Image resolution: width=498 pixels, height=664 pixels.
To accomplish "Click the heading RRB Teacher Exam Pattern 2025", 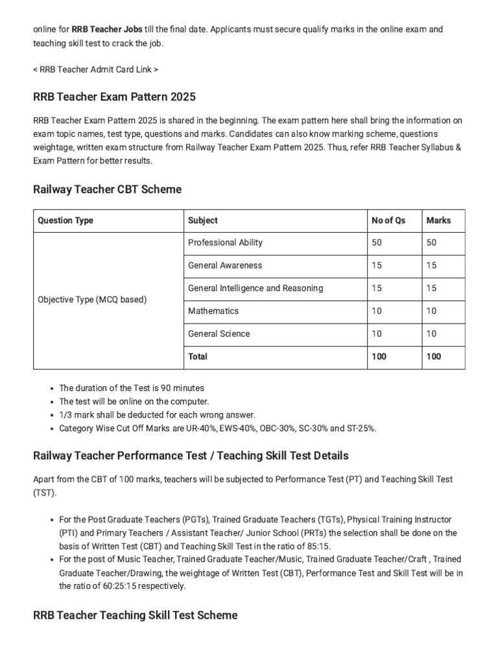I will [x=114, y=97].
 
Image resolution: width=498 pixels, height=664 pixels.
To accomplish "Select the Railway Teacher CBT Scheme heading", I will [x=107, y=189].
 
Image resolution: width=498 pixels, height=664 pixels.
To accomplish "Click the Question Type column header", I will [x=65, y=220].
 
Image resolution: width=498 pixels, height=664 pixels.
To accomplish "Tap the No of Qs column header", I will [x=388, y=220].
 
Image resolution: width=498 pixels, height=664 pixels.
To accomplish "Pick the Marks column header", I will [x=438, y=220].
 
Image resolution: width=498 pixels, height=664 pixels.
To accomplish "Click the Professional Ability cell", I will [x=225, y=243].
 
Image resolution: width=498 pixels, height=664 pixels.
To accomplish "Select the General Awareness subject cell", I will [x=225, y=265].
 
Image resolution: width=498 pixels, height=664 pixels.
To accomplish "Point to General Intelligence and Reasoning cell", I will [x=255, y=288].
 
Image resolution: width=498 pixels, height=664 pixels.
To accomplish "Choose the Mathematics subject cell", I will [x=213, y=311].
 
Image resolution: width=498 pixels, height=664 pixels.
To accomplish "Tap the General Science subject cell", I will [x=219, y=333].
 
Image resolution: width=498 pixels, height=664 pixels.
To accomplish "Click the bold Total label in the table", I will [x=198, y=357].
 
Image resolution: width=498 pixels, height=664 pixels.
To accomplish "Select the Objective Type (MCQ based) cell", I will [x=92, y=300].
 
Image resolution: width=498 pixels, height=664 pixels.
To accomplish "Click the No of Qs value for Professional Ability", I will [x=377, y=243].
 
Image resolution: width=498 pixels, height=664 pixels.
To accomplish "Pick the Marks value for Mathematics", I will [x=431, y=311].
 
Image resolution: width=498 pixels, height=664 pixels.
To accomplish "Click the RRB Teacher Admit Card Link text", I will [x=95, y=69].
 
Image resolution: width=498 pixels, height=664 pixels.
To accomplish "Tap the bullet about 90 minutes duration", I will [x=132, y=388].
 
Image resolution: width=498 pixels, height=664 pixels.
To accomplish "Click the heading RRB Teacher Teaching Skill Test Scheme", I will [x=135, y=615].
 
